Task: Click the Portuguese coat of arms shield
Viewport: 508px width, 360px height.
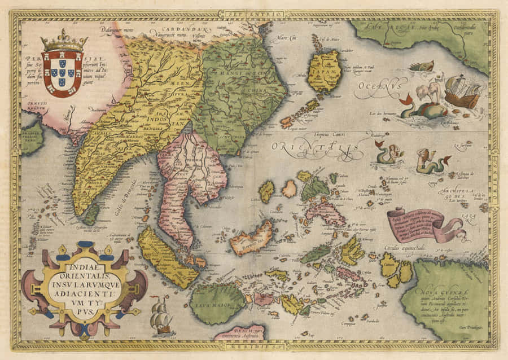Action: coord(63,73)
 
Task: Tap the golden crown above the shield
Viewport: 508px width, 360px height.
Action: coord(64,41)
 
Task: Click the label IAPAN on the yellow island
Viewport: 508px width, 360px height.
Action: coord(324,69)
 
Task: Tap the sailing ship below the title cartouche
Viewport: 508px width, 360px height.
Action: coord(161,316)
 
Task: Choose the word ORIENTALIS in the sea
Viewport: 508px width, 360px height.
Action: coord(316,148)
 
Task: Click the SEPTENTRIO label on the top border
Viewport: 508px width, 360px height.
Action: coord(253,14)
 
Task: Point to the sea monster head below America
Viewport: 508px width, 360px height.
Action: coord(422,66)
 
